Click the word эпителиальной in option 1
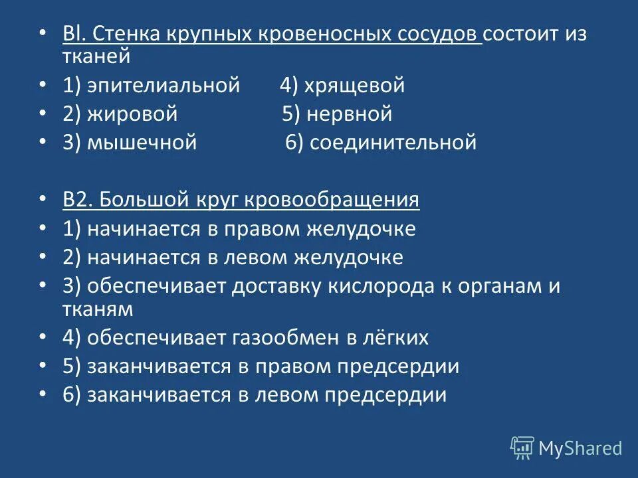(x=163, y=86)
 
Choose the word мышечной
(x=142, y=143)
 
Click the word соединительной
(x=392, y=143)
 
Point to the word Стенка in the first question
(x=123, y=35)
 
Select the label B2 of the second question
(x=77, y=200)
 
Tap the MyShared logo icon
(x=522, y=447)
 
